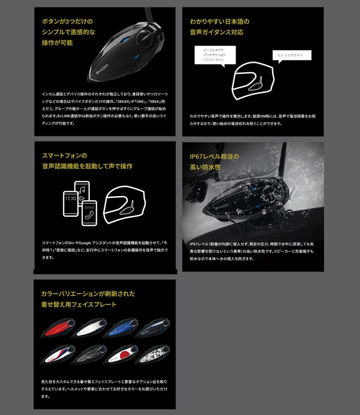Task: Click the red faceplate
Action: click(58, 328)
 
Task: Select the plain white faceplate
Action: click(89, 328)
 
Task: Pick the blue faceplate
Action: click(120, 328)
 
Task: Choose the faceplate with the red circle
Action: click(120, 355)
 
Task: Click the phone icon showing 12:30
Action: click(71, 203)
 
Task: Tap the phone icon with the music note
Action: click(82, 191)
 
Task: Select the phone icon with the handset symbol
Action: click(89, 213)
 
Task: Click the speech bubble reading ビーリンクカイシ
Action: click(292, 55)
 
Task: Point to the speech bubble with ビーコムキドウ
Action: click(215, 55)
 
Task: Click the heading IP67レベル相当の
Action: click(214, 156)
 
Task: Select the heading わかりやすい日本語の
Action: click(220, 22)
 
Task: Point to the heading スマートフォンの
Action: click(65, 156)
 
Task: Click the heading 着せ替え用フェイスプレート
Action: click(78, 305)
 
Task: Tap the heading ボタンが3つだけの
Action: click(67, 21)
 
